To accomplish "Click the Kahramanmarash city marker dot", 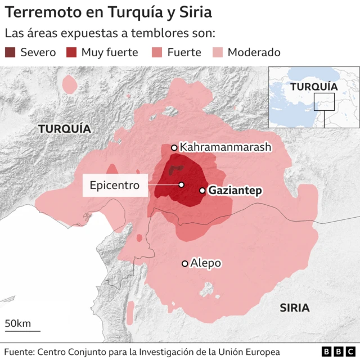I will click(174, 148).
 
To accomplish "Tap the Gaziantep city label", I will click(235, 191).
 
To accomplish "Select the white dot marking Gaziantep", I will click(202, 191).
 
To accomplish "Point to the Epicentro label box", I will click(115, 184).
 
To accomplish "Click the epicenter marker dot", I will click(182, 184).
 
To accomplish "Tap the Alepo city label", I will click(206, 263).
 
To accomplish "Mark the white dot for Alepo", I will click(184, 263).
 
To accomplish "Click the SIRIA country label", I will click(295, 308).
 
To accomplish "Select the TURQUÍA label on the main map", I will click(65, 129).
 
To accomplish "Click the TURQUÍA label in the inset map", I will click(314, 87).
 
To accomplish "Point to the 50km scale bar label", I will click(18, 323).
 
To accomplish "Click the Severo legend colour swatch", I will click(11, 52).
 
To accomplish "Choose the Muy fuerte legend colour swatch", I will click(71, 52).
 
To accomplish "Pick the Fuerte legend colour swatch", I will click(157, 52).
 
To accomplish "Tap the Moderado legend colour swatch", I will click(218, 52).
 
